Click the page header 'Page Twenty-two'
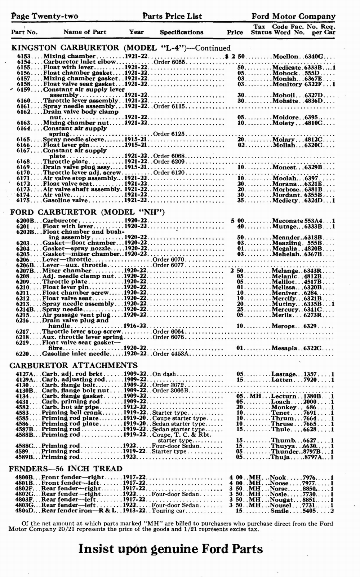coord(45,16)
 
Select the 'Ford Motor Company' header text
coord(293,16)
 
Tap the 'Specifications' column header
coord(182,32)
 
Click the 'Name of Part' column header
coord(85,32)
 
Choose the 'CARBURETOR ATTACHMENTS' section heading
coord(74,365)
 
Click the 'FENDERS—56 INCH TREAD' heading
coord(66,468)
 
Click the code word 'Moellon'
coord(285,57)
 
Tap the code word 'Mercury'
coord(285,310)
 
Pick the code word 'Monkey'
coord(283,407)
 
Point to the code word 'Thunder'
coord(285,452)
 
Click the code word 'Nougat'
coord(282,500)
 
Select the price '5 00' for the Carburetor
coord(237,221)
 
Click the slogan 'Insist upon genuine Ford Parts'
coord(170,549)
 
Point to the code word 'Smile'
coord(279,511)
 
